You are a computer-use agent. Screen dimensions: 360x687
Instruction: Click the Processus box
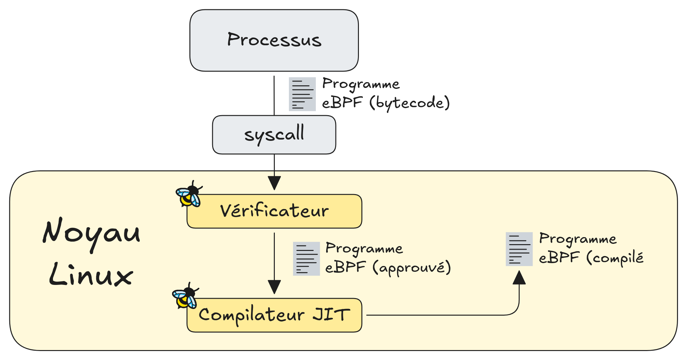274,40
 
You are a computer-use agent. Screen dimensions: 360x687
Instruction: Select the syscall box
274,135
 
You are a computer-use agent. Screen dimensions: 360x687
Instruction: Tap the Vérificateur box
274,211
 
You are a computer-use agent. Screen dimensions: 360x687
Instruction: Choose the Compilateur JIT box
274,315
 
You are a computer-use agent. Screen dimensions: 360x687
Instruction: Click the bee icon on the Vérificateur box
189,194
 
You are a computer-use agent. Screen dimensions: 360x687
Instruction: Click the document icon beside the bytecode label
302,94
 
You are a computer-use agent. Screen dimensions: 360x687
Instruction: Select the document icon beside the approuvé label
306,259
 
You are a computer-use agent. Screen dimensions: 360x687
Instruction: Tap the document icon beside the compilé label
519,249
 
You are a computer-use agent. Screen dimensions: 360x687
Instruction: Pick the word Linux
91,275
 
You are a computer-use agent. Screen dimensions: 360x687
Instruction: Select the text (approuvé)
412,268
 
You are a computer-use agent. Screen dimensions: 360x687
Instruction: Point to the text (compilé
615,258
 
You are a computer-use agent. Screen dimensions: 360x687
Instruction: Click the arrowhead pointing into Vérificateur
274,183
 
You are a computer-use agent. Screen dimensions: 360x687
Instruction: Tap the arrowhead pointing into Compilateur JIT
274,287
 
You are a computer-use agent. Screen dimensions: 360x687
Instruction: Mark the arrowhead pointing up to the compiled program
519,278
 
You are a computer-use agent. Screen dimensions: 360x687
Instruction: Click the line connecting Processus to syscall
274,96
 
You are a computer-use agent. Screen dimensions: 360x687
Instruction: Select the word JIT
331,314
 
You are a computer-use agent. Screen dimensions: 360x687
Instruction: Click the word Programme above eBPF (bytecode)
361,84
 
